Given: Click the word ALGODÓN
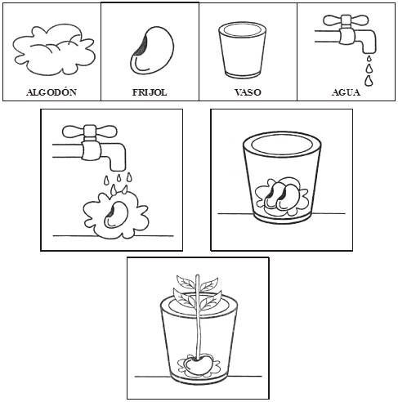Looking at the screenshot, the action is [51, 92].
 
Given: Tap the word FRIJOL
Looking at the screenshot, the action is [150, 92].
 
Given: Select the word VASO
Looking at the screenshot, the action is [248, 92].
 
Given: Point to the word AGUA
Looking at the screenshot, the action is [346, 92].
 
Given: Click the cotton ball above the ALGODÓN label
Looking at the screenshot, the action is [54, 51].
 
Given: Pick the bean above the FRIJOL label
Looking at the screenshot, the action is [153, 50].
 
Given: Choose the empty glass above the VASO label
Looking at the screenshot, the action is [242, 51].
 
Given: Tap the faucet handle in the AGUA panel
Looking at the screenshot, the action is [346, 20].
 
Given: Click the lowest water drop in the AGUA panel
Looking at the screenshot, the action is [369, 81].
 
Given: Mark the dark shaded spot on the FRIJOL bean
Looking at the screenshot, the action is [142, 46].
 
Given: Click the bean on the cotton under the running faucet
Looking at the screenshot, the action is [116, 214].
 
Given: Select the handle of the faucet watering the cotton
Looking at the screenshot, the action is [90, 132].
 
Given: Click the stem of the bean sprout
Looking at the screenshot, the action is [198, 317].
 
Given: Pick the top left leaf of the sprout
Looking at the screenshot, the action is [186, 282].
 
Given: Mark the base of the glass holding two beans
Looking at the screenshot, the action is [282, 218].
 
